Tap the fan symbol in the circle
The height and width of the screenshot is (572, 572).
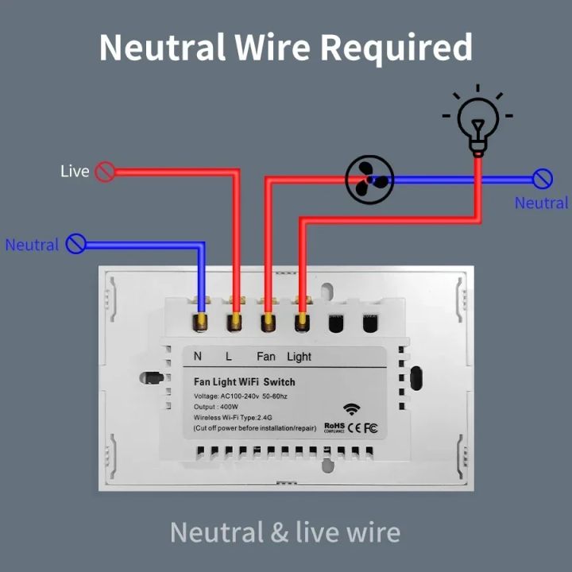[369, 180]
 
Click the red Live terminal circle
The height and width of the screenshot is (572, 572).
[105, 172]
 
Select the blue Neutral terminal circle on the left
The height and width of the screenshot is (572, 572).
[75, 243]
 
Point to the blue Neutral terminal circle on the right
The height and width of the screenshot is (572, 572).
[543, 179]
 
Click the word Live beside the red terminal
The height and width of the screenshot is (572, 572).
[75, 172]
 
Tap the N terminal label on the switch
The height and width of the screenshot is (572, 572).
[198, 357]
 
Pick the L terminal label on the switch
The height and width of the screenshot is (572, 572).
[229, 357]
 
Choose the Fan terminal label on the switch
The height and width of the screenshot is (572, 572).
[266, 357]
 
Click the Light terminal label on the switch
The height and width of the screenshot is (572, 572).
[300, 357]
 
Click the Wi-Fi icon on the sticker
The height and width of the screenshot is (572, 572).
[352, 410]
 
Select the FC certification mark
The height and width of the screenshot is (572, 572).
[370, 428]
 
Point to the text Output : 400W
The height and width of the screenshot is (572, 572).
[216, 406]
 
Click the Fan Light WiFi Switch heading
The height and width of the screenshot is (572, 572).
[244, 382]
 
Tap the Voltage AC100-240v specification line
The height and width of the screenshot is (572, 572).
[243, 396]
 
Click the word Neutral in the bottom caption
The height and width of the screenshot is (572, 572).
[217, 531]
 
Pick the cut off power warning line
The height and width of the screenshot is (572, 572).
[254, 428]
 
